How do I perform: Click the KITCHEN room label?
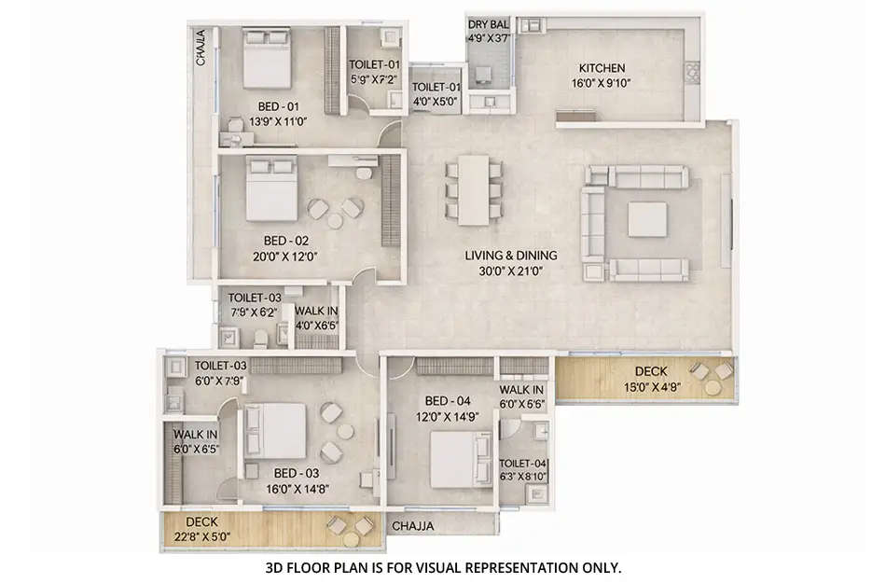[x=602, y=68]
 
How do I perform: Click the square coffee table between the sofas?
[x=646, y=219]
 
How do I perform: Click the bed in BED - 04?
[x=455, y=457]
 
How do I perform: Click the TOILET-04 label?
[x=523, y=464]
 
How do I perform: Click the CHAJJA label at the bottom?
[x=412, y=525]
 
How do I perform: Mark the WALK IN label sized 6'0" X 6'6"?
[x=521, y=390]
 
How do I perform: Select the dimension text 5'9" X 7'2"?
[x=374, y=79]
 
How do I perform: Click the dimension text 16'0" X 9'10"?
[x=602, y=82]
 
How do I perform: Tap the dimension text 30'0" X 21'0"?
[x=511, y=271]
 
